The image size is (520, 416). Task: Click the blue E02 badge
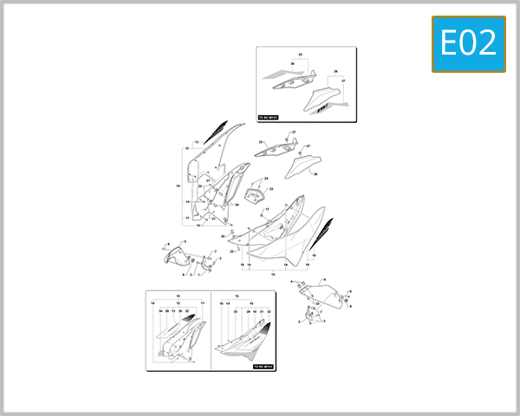point(468,42)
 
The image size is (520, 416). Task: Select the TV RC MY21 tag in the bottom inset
point(263,367)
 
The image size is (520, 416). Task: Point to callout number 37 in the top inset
point(342,81)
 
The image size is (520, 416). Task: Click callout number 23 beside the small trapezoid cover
point(271,189)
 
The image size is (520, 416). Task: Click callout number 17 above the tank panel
point(267,210)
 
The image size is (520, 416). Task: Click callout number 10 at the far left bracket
point(178,185)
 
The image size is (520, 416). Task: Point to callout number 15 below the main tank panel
point(274,274)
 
